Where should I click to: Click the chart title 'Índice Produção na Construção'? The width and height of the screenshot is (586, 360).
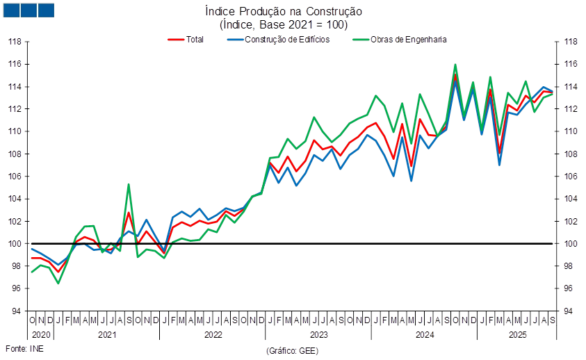pos(283,12)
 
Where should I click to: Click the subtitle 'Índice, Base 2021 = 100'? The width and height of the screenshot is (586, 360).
pos(283,24)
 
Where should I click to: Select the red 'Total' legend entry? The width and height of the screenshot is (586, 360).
pos(187,40)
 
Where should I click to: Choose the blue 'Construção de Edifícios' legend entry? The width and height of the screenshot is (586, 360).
pos(278,40)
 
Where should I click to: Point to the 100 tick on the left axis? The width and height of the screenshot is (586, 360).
pos(16,244)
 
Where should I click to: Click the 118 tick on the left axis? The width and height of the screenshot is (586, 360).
pos(16,42)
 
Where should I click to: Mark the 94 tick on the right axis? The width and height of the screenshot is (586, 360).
pos(569,311)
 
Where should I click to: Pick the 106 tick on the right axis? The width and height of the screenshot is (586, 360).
pos(569,177)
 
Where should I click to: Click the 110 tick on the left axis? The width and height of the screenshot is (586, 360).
pos(16,131)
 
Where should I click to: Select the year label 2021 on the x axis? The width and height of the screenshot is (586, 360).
pos(106,335)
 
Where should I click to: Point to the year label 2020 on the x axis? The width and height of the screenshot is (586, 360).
pos(40,335)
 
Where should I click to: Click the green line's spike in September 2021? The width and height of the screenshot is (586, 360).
pos(129,184)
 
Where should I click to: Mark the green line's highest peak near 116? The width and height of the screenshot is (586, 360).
pos(455,65)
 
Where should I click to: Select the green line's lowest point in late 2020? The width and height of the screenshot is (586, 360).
pos(58,283)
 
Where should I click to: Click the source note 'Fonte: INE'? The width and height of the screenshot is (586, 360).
pos(24,348)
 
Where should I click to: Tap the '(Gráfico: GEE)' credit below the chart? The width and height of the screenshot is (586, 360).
pos(287,351)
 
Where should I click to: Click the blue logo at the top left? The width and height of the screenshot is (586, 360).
pos(29,10)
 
